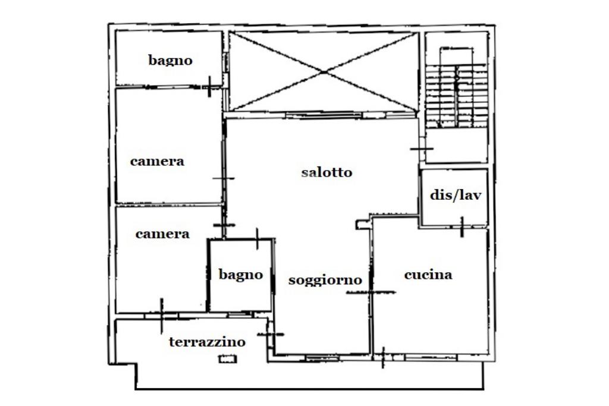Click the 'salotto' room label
click(x=327, y=172)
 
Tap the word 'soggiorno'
click(x=325, y=280)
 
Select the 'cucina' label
click(x=428, y=275)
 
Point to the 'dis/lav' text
click(x=455, y=195)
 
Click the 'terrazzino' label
click(x=207, y=342)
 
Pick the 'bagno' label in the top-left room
click(x=170, y=60)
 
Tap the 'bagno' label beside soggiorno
click(x=240, y=275)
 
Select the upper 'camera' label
click(x=157, y=161)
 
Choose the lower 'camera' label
click(x=162, y=234)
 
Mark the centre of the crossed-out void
click(x=325, y=72)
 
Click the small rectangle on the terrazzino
click(x=227, y=358)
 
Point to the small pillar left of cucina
click(x=360, y=224)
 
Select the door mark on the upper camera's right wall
click(x=224, y=178)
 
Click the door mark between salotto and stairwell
click(x=421, y=148)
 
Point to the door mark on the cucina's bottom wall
click(x=383, y=357)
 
